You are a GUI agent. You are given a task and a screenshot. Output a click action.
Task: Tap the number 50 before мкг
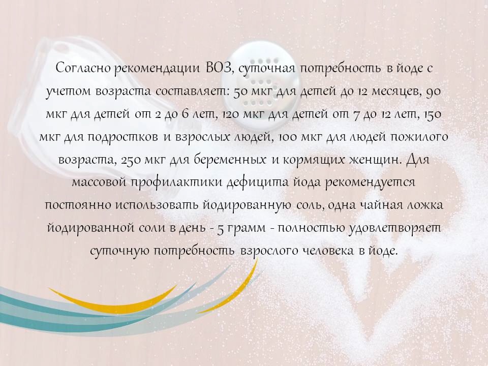[240, 92]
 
